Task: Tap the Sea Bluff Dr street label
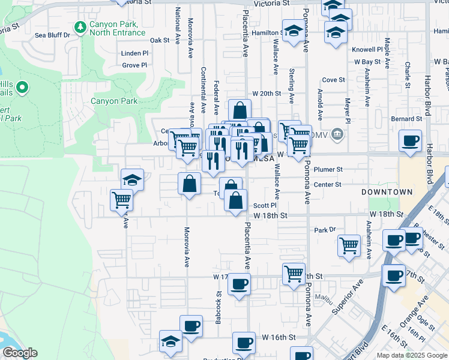(x=52, y=35)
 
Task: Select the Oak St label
(x=160, y=40)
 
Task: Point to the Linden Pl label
(x=134, y=53)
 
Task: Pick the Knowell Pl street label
(x=367, y=50)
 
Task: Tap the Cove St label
(x=333, y=80)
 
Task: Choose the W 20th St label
(x=267, y=94)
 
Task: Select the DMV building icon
(x=337, y=133)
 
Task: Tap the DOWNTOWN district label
(x=387, y=192)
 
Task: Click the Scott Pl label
(x=264, y=205)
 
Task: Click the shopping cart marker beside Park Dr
(x=349, y=244)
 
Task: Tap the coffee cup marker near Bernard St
(x=410, y=141)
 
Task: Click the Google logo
(x=19, y=353)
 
